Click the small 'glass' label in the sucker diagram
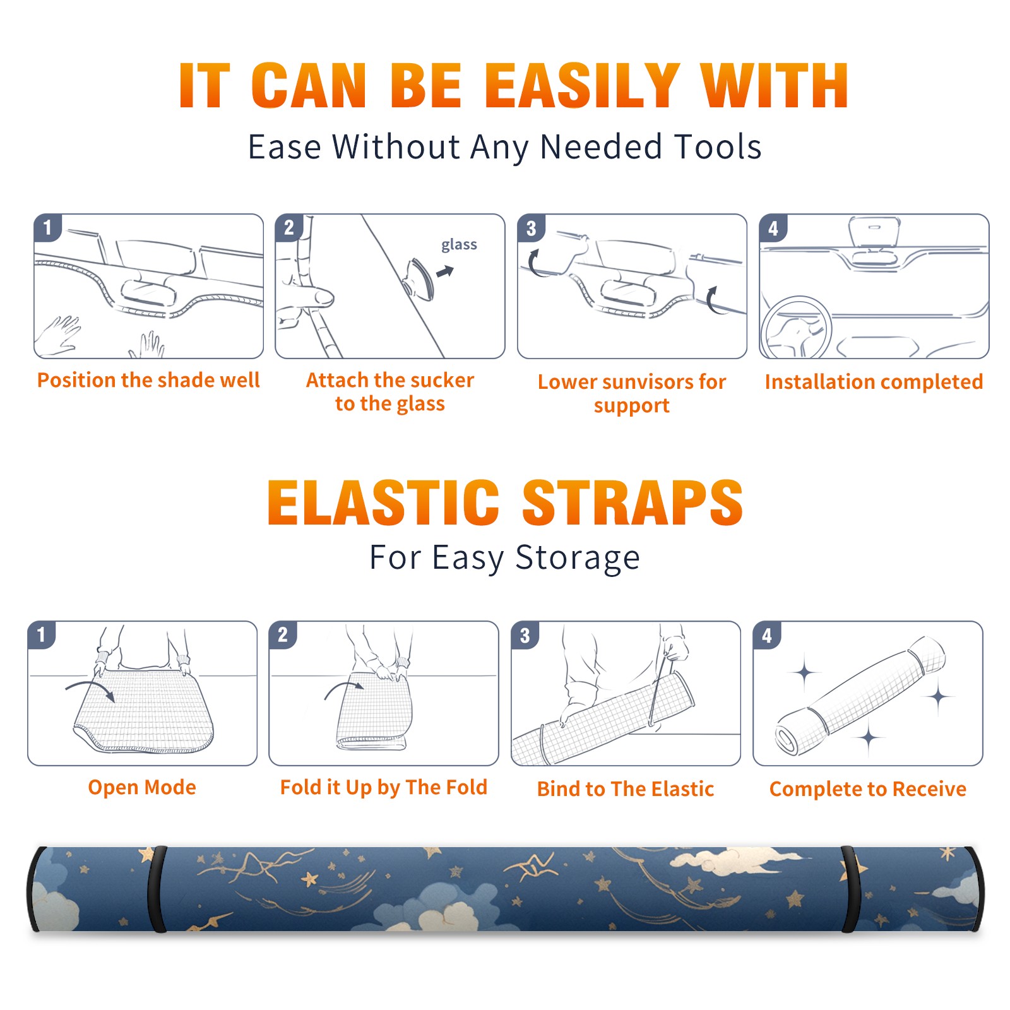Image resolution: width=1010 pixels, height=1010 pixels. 459,245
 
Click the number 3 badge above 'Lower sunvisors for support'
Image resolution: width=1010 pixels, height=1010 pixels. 531,228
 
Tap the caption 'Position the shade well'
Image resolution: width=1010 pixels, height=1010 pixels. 148,380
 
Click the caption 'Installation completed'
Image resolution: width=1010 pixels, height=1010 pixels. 874,381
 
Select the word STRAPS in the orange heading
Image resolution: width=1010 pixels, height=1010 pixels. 633,502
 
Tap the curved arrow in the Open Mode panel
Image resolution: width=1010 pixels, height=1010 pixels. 90,689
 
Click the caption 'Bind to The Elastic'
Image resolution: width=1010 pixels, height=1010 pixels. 626,788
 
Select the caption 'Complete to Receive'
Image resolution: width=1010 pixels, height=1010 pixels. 868,788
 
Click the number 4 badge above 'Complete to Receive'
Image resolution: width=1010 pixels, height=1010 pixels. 766,635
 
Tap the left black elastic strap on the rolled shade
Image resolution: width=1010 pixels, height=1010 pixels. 157,889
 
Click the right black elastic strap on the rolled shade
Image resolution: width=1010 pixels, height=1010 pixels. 851,889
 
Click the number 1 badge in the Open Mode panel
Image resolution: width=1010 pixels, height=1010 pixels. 41,634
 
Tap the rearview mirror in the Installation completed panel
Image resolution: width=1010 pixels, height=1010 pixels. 875,232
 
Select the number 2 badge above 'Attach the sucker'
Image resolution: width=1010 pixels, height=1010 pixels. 288,228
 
